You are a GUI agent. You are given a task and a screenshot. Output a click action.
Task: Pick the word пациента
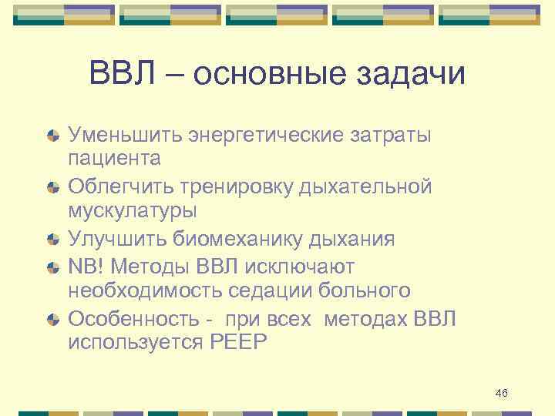pos(115,160)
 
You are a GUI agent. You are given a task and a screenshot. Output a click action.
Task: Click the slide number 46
pos(502,394)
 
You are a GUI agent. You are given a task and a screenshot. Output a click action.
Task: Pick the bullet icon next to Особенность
pos(52,319)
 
